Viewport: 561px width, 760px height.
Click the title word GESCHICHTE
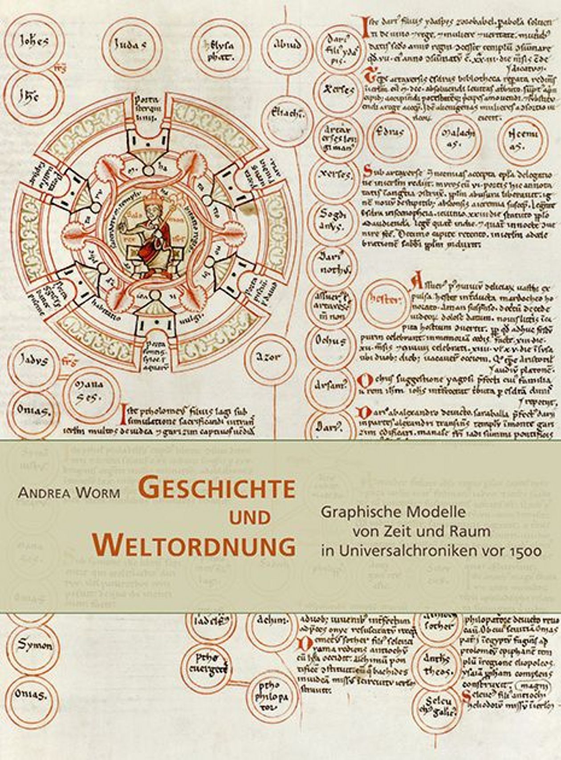click(219, 488)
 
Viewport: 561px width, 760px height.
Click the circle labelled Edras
click(390, 133)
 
